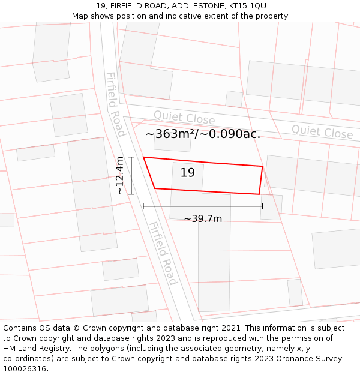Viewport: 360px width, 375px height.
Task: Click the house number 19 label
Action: pyautogui.click(x=187, y=173)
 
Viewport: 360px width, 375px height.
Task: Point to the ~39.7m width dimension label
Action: pyautogui.click(x=203, y=219)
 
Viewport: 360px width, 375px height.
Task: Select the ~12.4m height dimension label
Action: pyautogui.click(x=120, y=175)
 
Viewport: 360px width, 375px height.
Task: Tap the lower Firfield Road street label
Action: pyautogui.click(x=163, y=253)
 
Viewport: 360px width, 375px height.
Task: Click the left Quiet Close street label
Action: pyautogui.click(x=184, y=118)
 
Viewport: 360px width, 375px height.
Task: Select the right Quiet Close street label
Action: pyautogui.click(x=322, y=131)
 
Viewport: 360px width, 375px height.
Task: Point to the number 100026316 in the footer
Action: pyautogui.click(x=24, y=369)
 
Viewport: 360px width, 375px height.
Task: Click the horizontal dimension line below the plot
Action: pyautogui.click(x=203, y=206)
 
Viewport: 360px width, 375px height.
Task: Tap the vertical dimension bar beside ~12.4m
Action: pyautogui.click(x=131, y=175)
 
